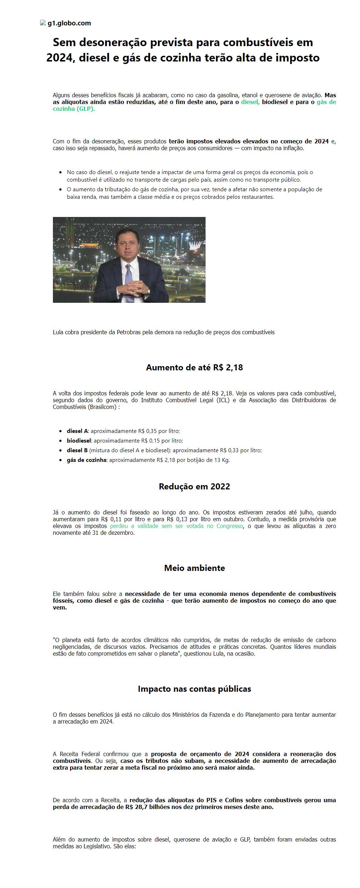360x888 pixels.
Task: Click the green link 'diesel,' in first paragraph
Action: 250,102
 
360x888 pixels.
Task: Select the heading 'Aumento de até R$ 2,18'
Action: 194,367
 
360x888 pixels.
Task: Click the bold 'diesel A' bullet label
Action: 77,431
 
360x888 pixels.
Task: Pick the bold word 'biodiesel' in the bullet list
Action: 79,441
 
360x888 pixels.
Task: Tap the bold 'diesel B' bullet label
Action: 77,450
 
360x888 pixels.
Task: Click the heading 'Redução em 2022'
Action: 194,487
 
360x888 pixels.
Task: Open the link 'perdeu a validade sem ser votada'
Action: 176,526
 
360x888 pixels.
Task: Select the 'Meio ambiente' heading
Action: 194,568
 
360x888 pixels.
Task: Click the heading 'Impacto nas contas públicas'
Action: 194,689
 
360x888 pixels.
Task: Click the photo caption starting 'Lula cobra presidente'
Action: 163,332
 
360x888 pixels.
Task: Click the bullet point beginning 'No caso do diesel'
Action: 189,176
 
